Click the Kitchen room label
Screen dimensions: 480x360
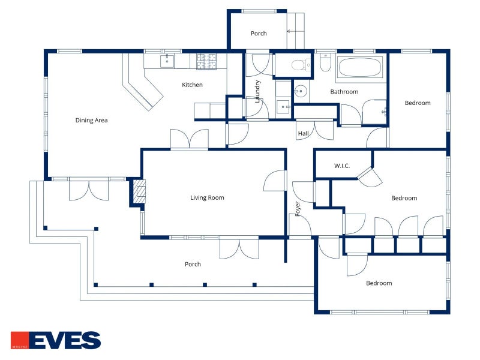click(x=192, y=85)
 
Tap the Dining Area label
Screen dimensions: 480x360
click(x=92, y=121)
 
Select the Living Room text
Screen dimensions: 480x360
click(x=207, y=198)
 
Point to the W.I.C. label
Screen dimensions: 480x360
click(x=342, y=166)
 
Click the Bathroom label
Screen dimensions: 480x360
click(x=344, y=92)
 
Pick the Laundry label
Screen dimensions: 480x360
click(x=258, y=92)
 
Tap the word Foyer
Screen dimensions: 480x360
click(x=298, y=208)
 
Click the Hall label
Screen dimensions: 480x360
click(x=304, y=133)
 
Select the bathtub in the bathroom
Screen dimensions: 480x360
click(x=360, y=67)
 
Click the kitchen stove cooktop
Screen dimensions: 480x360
click(x=206, y=61)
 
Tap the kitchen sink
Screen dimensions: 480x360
click(x=167, y=61)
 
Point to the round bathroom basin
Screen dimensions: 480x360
click(x=301, y=91)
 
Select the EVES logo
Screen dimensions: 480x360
click(x=56, y=340)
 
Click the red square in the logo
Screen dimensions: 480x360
click(x=20, y=340)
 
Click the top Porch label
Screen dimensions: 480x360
click(x=259, y=34)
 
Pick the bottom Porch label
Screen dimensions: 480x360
click(x=193, y=264)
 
